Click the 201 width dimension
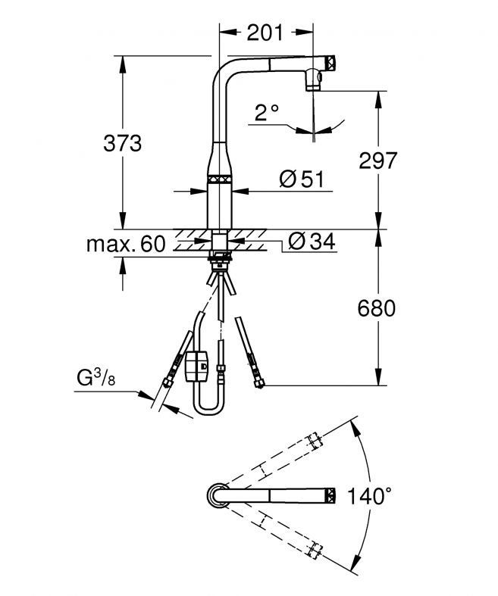click(x=265, y=33)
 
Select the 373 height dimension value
click(x=123, y=144)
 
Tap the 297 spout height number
click(x=377, y=161)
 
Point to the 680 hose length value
click(x=376, y=308)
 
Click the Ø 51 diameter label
click(x=302, y=179)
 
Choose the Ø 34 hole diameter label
click(x=312, y=242)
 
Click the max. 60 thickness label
click(x=126, y=244)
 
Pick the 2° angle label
click(x=266, y=113)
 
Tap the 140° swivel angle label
click(x=369, y=496)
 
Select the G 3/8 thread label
click(x=96, y=378)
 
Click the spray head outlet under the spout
click(x=314, y=80)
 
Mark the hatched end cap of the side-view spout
click(x=330, y=62)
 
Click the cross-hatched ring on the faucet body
click(x=220, y=179)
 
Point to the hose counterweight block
click(x=196, y=366)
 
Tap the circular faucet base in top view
click(x=218, y=495)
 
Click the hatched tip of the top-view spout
click(x=330, y=495)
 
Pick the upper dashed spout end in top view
click(x=315, y=441)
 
